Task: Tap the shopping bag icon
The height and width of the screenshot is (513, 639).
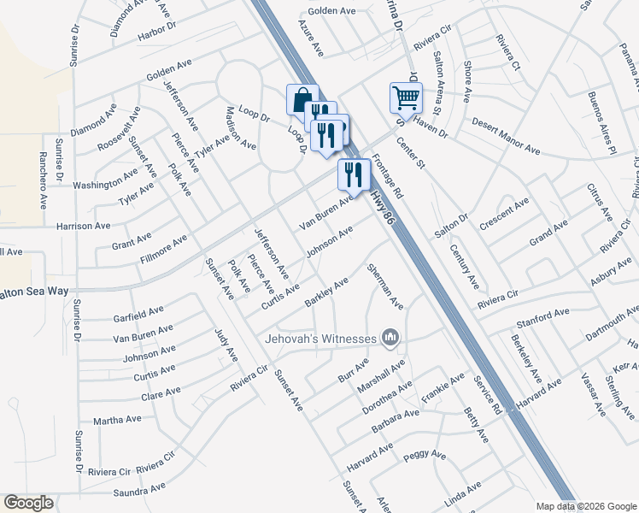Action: click(x=302, y=99)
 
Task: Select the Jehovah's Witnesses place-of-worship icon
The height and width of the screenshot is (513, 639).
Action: click(x=390, y=339)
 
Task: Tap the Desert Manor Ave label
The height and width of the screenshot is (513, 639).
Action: click(x=506, y=136)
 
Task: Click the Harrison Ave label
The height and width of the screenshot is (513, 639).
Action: click(x=84, y=227)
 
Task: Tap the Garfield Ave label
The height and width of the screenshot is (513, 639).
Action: click(x=138, y=313)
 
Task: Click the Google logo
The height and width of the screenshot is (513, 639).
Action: click(x=29, y=503)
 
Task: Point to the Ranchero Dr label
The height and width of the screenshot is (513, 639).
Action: click(x=41, y=180)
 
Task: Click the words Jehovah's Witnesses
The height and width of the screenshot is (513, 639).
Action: click(x=321, y=339)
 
